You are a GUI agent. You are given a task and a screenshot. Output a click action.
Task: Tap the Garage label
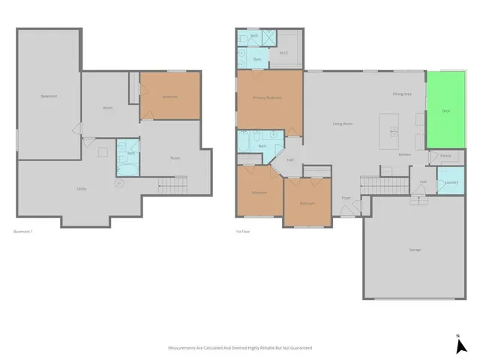[x=415, y=250]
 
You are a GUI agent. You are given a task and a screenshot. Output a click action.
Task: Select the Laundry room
[x=451, y=182]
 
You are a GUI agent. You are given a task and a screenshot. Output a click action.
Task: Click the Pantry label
[x=445, y=156]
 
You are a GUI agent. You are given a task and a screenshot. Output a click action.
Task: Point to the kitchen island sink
[x=392, y=129]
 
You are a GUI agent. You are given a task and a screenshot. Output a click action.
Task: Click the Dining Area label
[x=402, y=94]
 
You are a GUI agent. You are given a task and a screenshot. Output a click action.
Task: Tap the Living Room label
[x=343, y=124]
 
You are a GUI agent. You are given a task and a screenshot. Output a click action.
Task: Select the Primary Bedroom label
[x=268, y=97]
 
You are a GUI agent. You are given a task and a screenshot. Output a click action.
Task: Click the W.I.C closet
[x=285, y=52]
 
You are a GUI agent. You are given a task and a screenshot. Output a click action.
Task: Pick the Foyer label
[x=346, y=198]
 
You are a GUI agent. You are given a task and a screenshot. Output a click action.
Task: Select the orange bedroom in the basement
[x=170, y=95]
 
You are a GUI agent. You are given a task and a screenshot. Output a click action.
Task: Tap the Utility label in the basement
[x=81, y=188]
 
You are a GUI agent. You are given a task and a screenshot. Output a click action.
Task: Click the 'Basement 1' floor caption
[x=24, y=231]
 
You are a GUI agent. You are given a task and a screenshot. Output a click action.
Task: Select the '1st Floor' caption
[x=242, y=231]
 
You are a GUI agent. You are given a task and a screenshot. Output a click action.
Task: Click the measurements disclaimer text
[x=239, y=348]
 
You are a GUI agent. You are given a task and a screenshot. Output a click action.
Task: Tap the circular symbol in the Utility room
[x=118, y=183]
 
